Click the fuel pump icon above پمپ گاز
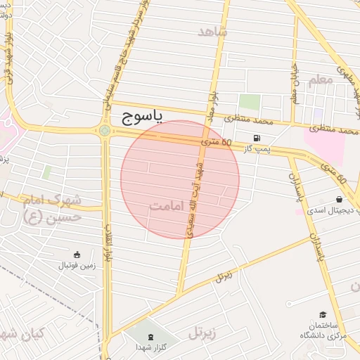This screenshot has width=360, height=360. click(x=255, y=137)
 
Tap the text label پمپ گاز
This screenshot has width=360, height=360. click(x=255, y=150)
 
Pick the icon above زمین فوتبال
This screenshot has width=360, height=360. click(x=77, y=254)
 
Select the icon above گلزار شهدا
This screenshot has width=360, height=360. click(x=150, y=334)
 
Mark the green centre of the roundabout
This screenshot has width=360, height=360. click(x=105, y=130)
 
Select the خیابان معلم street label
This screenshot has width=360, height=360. click(x=295, y=88)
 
